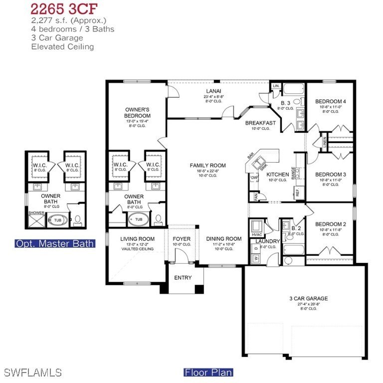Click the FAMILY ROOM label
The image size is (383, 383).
pyautogui.click(x=207, y=166)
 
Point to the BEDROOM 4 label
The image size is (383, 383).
pyautogui.click(x=330, y=101)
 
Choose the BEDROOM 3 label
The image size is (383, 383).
pyautogui.click(x=330, y=174)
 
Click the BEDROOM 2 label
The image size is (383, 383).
pyautogui.click(x=330, y=224)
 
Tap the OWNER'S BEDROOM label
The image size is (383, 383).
pyautogui.click(x=137, y=113)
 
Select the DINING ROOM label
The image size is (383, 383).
pyautogui.click(x=223, y=239)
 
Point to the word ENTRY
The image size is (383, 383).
pyautogui.click(x=183, y=278)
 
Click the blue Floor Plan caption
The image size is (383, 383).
pyautogui.click(x=208, y=372)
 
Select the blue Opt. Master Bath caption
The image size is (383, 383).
pyautogui.click(x=55, y=243)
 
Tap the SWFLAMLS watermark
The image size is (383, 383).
pyautogui.click(x=33, y=373)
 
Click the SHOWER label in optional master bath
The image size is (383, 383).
pyautogui.click(x=36, y=212)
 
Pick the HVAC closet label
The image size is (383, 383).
pyautogui.click(x=257, y=235)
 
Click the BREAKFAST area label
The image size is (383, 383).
pyautogui.click(x=261, y=123)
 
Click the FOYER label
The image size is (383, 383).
pyautogui.click(x=182, y=239)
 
